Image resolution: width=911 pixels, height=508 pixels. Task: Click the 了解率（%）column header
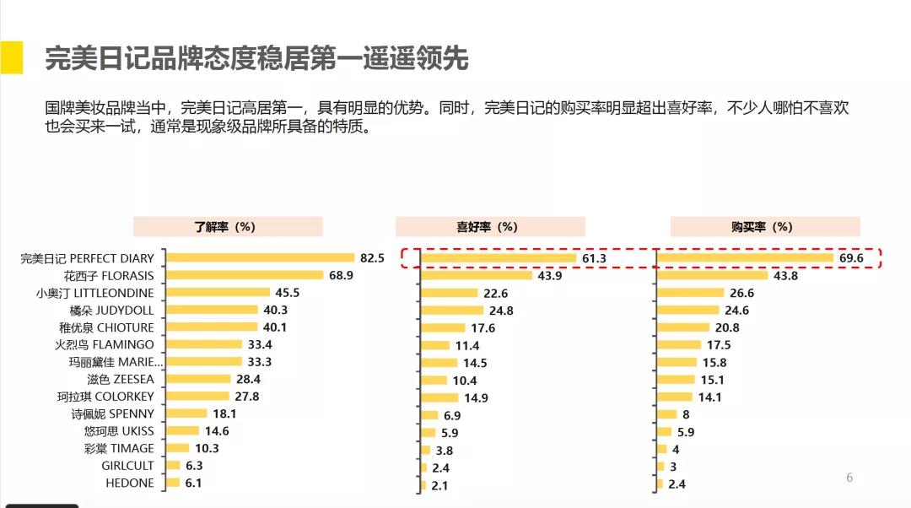pyautogui.click(x=227, y=226)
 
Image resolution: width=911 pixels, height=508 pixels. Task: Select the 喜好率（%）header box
pyautogui.click(x=490, y=226)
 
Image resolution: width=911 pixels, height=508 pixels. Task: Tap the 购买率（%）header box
pyautogui.click(x=764, y=226)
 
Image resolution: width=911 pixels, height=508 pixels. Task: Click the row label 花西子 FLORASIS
pyautogui.click(x=108, y=275)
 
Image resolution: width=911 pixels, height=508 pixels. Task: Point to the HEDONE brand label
pyautogui.click(x=129, y=483)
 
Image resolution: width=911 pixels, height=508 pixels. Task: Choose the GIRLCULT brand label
pyautogui.click(x=127, y=465)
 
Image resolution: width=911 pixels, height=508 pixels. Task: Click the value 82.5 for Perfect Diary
pyautogui.click(x=372, y=258)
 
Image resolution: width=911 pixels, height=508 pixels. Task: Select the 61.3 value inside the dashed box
pyautogui.click(x=594, y=258)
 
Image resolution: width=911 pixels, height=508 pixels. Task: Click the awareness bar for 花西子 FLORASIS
pyautogui.click(x=245, y=275)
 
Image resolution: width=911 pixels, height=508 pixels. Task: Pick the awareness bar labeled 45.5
pyautogui.click(x=218, y=293)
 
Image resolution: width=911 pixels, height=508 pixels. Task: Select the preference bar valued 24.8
pyautogui.click(x=453, y=311)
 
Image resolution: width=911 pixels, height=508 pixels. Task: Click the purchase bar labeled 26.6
pyautogui.click(x=691, y=293)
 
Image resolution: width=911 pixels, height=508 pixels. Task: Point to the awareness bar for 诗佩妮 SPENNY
pyautogui.click(x=186, y=413)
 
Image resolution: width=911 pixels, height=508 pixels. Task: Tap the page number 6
pyautogui.click(x=849, y=478)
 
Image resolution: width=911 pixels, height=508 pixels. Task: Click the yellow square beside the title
pyautogui.click(x=11, y=57)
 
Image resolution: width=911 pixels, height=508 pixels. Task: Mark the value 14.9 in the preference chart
pyautogui.click(x=476, y=397)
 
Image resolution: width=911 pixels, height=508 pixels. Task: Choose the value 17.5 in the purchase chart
pyautogui.click(x=719, y=345)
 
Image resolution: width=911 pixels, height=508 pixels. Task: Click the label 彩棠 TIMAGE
pyautogui.click(x=120, y=448)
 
